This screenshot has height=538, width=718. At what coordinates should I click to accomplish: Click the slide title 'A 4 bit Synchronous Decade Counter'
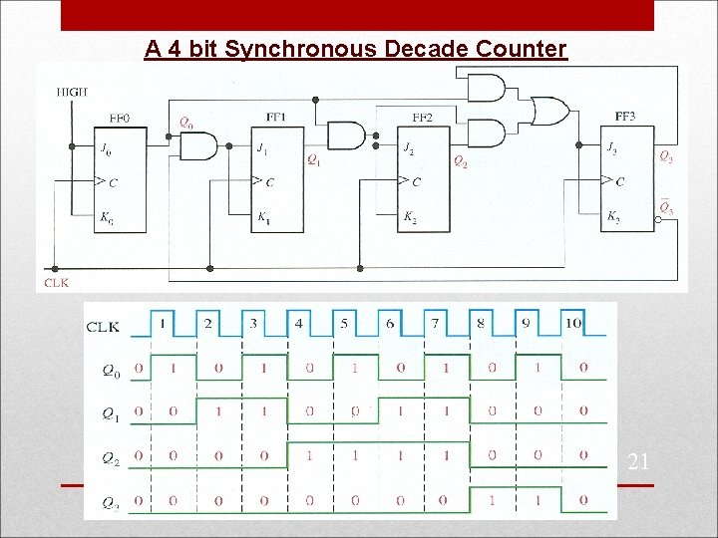(x=355, y=48)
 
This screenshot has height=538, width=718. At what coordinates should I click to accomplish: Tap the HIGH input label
(x=72, y=92)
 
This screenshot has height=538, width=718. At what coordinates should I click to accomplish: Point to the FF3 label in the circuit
(x=625, y=117)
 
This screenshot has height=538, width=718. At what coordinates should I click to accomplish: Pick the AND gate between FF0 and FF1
(x=197, y=146)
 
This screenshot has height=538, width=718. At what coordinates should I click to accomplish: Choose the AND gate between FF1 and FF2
(x=346, y=134)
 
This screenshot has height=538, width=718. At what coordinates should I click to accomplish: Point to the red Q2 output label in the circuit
(x=460, y=160)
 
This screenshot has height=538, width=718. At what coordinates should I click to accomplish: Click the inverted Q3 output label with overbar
(x=666, y=209)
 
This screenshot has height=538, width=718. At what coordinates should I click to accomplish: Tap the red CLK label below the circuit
(x=57, y=283)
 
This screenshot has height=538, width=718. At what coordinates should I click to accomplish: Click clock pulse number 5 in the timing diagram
(x=344, y=323)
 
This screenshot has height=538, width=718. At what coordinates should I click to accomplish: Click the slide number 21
(x=639, y=461)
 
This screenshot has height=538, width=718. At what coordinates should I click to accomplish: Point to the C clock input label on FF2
(x=416, y=181)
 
